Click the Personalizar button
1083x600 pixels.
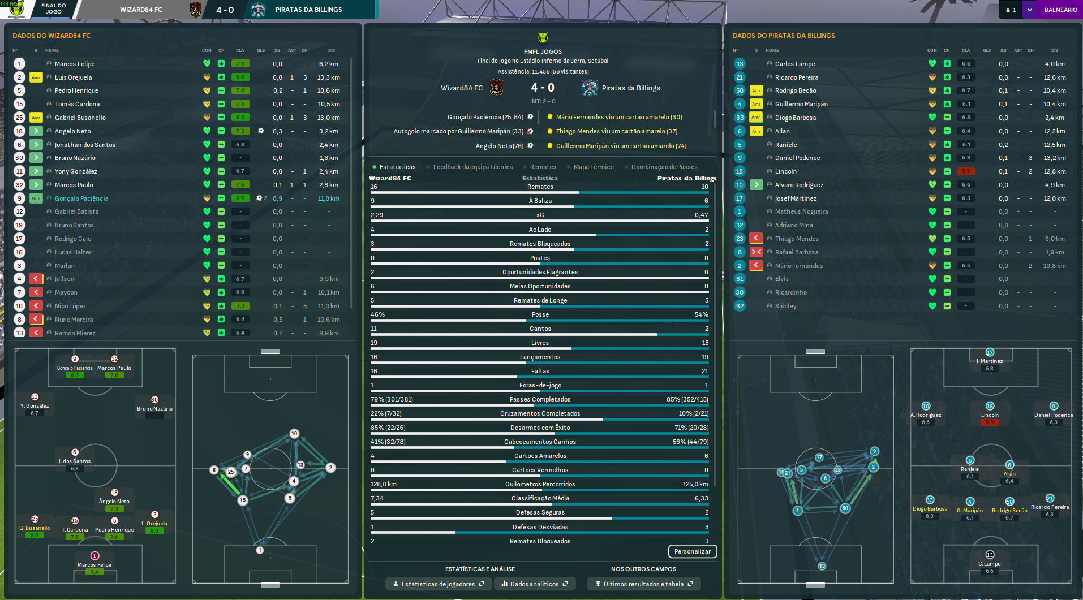(692, 551)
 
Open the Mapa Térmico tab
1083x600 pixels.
(593, 167)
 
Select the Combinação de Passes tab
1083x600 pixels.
(664, 167)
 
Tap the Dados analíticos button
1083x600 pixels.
(534, 584)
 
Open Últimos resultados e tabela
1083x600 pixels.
(643, 584)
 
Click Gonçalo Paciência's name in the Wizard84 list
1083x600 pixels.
(81, 198)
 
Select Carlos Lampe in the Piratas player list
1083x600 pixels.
(794, 64)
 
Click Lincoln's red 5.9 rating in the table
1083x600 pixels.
(966, 171)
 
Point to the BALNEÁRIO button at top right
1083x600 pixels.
(1060, 10)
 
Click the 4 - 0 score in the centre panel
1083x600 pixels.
(543, 88)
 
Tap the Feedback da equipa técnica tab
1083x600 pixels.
(472, 167)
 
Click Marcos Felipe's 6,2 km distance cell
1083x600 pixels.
(328, 64)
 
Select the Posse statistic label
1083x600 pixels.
(540, 314)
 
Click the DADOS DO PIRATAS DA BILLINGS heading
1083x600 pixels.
(784, 36)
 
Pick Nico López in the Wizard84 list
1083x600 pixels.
(70, 306)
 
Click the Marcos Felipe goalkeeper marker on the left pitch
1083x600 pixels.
(94, 556)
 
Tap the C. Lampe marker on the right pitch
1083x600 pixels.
(990, 555)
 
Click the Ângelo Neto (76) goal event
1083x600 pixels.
(500, 146)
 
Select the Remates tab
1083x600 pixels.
(543, 167)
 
